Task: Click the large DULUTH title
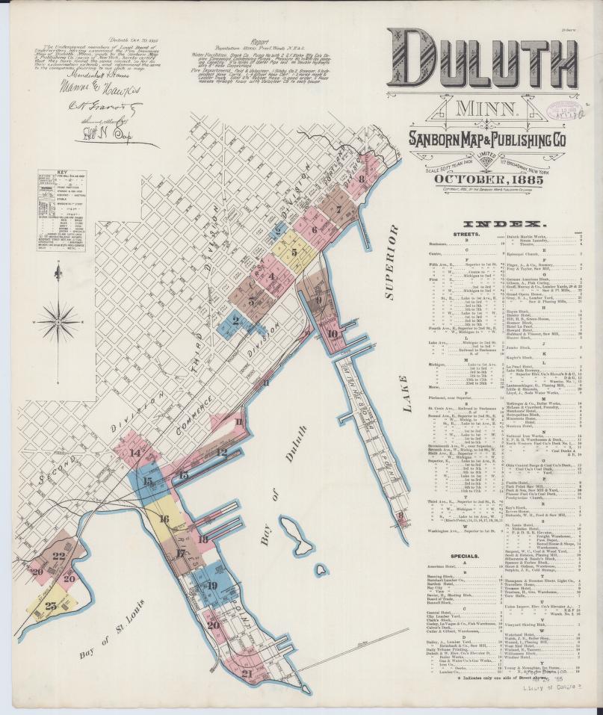coord(483,63)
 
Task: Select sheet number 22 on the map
coord(58,555)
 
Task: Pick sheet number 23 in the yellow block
coord(50,606)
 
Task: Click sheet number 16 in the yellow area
coord(164,518)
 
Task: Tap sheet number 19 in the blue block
coord(211,586)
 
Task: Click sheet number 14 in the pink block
coord(134,453)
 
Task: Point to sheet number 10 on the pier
coord(332,334)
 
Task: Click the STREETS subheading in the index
coord(466,235)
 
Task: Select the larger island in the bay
coord(290,531)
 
